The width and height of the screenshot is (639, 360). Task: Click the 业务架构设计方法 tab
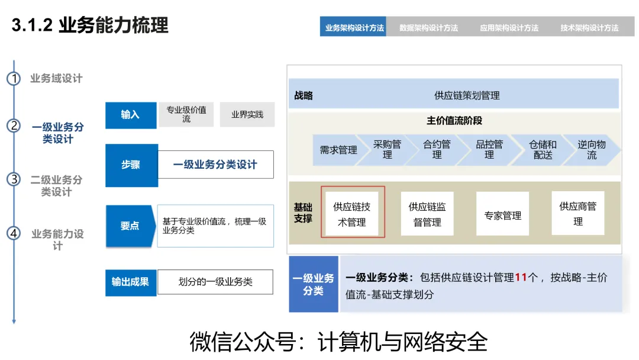pyautogui.click(x=354, y=27)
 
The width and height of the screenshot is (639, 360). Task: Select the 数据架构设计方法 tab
pyautogui.click(x=428, y=27)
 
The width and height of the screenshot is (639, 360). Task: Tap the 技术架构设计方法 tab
pyautogui.click(x=589, y=27)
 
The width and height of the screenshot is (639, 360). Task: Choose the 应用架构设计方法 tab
pyautogui.click(x=509, y=27)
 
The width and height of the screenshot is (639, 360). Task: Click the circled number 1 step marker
pyautogui.click(x=14, y=79)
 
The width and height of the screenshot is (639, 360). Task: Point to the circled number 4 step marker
pyautogui.click(x=14, y=233)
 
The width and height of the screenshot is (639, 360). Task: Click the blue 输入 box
pyautogui.click(x=131, y=115)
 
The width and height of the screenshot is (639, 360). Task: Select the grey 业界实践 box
pyautogui.click(x=247, y=115)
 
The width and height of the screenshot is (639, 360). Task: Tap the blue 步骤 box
pyautogui.click(x=131, y=165)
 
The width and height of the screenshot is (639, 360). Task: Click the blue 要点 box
pyautogui.click(x=130, y=226)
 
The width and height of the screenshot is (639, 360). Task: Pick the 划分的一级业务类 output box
pyautogui.click(x=215, y=282)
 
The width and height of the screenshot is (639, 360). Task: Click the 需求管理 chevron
pyautogui.click(x=338, y=150)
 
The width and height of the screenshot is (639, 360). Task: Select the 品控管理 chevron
pyautogui.click(x=489, y=150)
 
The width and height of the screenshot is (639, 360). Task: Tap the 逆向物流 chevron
pyautogui.click(x=592, y=150)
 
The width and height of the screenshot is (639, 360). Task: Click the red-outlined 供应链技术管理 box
pyautogui.click(x=352, y=214)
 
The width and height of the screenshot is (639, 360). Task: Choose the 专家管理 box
pyautogui.click(x=502, y=216)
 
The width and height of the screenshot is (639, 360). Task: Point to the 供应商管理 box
pyautogui.click(x=577, y=214)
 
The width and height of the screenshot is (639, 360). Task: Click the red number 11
pyautogui.click(x=521, y=277)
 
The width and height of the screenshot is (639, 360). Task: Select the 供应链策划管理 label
pyautogui.click(x=467, y=95)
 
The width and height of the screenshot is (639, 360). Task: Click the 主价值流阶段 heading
pyautogui.click(x=454, y=121)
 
